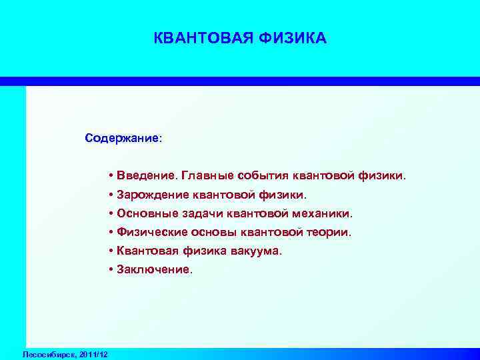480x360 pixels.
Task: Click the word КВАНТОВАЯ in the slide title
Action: tap(195, 38)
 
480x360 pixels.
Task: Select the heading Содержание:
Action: tap(123, 139)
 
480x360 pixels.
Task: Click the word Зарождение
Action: tap(152, 195)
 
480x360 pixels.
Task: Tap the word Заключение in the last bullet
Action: tap(154, 270)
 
